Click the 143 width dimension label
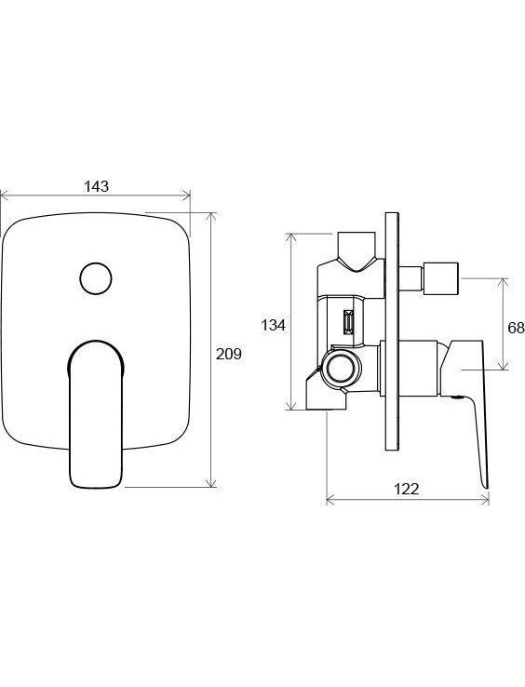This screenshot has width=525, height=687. click(x=96, y=186)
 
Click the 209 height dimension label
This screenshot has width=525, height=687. click(x=228, y=354)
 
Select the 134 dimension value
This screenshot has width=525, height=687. click(x=273, y=325)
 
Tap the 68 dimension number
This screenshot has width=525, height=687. click(x=516, y=328)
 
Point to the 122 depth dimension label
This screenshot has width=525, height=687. click(x=406, y=489)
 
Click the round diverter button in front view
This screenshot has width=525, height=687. click(x=96, y=278)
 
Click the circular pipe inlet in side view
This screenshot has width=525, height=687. click(x=341, y=368)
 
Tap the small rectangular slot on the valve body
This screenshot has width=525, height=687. click(x=349, y=322)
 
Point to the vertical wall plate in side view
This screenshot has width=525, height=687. click(x=392, y=331)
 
